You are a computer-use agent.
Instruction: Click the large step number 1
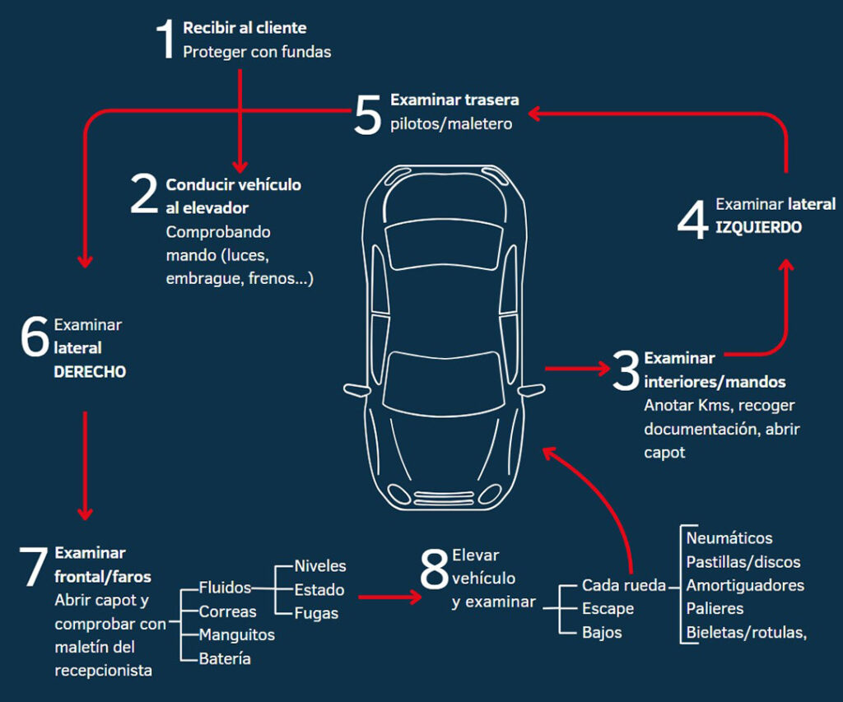point(166,40)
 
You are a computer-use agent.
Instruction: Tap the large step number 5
point(367,114)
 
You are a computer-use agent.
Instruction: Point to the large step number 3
point(626,372)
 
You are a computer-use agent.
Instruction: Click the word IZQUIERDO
point(758,227)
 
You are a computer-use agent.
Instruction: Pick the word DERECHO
point(90,372)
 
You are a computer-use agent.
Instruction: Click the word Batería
point(225,659)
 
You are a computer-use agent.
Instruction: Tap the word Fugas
point(316,613)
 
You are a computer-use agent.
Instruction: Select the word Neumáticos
point(729,538)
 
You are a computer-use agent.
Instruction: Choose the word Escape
point(608,609)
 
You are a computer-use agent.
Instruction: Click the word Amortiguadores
point(745,586)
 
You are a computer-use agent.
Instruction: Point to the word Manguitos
point(237,635)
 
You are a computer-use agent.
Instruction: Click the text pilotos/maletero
point(451,124)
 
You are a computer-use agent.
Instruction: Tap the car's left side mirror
point(532,389)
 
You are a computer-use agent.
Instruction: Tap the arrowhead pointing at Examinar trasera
point(533,114)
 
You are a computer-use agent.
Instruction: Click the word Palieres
point(715,609)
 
